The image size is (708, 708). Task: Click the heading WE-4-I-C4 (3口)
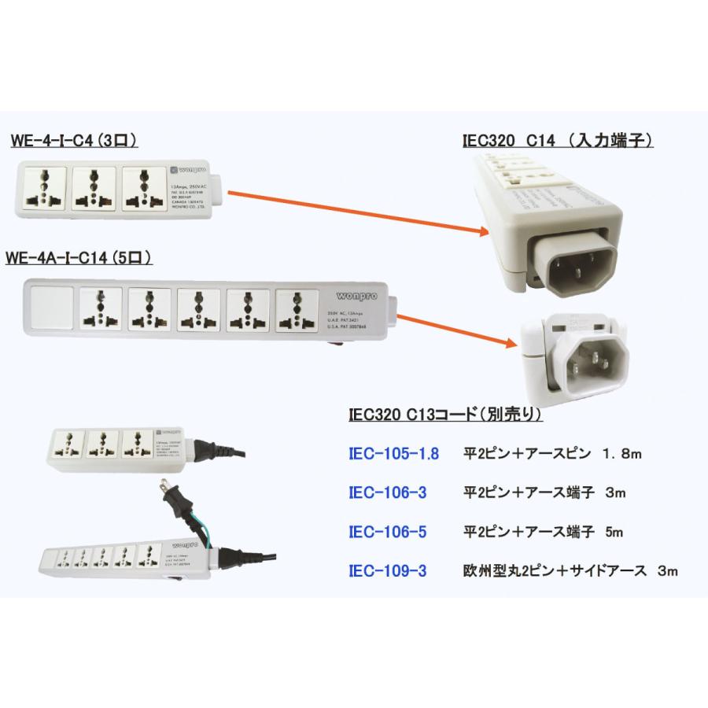[75, 142]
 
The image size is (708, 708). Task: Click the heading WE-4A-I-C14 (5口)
[79, 257]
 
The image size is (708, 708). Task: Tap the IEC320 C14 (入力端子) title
[558, 142]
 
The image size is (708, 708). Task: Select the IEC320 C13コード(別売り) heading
[444, 414]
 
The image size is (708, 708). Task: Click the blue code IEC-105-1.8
[393, 454]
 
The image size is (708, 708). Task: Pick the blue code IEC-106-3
[387, 493]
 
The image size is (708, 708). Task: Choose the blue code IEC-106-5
[387, 533]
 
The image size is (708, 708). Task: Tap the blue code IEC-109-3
[387, 571]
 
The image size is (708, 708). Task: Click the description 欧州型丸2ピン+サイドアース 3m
[570, 571]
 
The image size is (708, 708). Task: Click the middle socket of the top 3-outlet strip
[94, 190]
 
